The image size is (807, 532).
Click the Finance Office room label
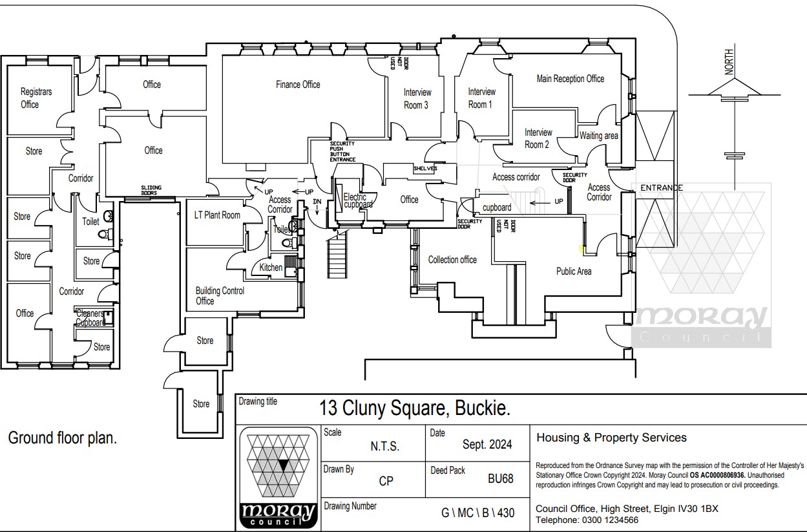pos(298,85)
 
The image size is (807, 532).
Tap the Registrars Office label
pos(36,98)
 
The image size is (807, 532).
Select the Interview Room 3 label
pos(416,99)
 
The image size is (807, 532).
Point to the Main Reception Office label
pos(570,79)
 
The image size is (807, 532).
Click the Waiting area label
pos(598,136)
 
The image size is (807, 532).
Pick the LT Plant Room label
pos(217,215)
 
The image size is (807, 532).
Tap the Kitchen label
pos(271,267)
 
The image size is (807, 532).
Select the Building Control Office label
pos(220,296)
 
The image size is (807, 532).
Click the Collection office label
pos(452,260)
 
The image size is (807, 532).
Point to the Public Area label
pos(574,271)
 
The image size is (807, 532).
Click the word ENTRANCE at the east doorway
pos(661,188)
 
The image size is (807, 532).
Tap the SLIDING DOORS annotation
pos(151,190)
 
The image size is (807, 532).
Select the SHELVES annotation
pos(425,169)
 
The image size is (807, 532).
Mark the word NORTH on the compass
pos(729,62)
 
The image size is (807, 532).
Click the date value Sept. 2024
pos(487,445)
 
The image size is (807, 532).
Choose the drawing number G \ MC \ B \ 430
pos(477,513)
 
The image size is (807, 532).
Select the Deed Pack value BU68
pos(500,479)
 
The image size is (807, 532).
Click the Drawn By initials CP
pos(386,481)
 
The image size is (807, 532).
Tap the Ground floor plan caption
pos(62,438)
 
